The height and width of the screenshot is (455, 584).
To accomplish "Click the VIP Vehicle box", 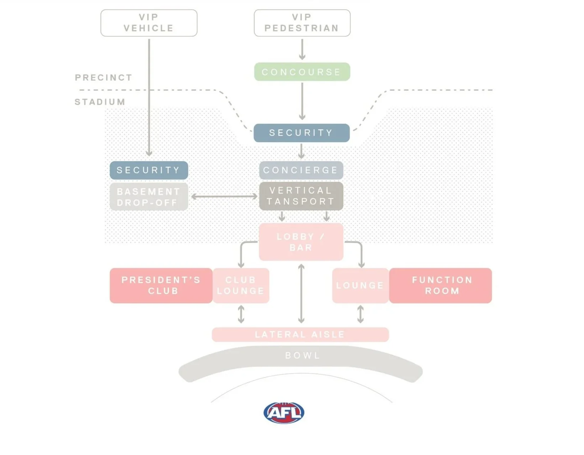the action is [149, 23].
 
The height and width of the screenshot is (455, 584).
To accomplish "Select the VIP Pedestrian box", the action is [302, 23].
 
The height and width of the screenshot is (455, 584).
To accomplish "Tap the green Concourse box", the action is [302, 72].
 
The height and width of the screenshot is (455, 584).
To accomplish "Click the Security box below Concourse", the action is [302, 133].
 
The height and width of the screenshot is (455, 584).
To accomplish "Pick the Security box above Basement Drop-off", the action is [149, 170].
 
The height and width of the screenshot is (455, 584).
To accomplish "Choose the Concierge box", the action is [301, 170].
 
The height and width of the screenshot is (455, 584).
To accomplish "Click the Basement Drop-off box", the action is [149, 197].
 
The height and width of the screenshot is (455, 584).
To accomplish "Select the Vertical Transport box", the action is [301, 196].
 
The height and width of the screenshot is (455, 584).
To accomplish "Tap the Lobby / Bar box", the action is [301, 242].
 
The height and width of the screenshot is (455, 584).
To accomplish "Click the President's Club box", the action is [161, 286].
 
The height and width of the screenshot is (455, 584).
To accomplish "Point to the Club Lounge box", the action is [241, 286].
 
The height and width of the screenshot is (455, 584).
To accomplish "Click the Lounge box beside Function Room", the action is [360, 286].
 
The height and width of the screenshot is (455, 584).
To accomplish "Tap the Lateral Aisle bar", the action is [300, 334].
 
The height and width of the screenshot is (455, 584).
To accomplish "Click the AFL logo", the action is [284, 413].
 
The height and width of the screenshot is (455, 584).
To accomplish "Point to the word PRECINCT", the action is [104, 78].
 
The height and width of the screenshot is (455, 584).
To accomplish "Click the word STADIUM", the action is [100, 102].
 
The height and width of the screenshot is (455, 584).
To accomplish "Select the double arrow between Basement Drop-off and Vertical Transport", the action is [224, 196].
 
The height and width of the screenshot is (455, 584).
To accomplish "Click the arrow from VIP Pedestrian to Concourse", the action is [302, 49].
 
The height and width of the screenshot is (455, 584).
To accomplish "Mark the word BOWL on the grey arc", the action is [303, 356].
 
